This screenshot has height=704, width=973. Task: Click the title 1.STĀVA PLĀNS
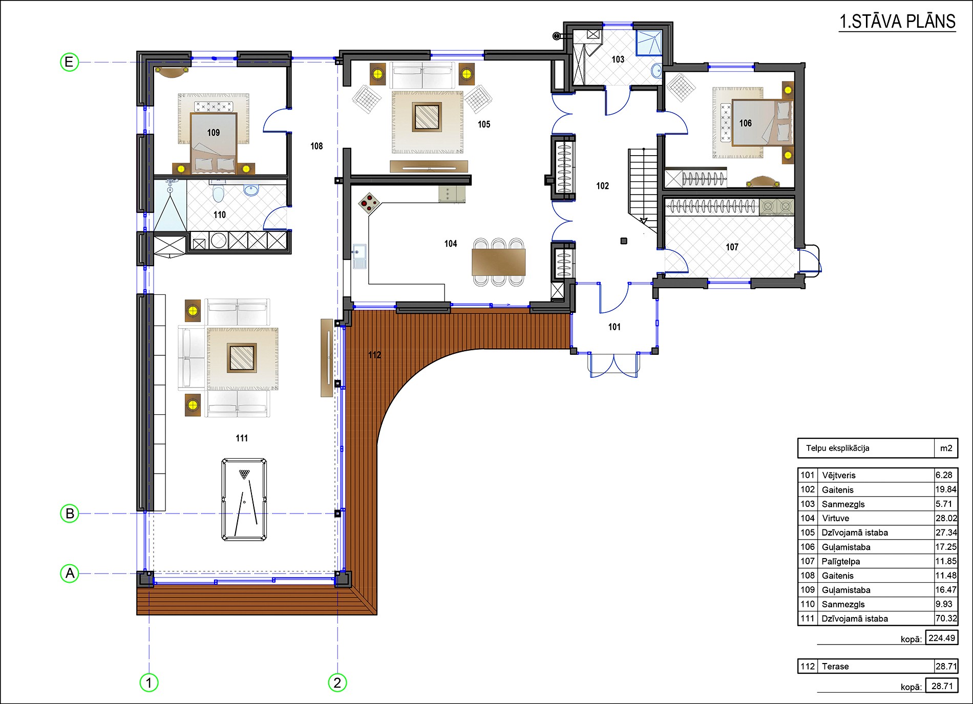coord(897,22)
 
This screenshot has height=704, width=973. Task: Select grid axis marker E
coord(69,62)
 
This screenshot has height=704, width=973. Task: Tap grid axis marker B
coord(70,513)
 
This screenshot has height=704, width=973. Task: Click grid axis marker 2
coord(337,682)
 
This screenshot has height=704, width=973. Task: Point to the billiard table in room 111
coord(244,500)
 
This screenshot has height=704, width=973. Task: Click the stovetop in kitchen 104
coord(369,203)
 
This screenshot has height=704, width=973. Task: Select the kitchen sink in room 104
coord(359,256)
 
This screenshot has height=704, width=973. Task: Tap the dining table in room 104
coord(498,262)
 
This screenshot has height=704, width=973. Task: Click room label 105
coord(484,124)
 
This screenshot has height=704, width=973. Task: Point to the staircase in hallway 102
coord(643,187)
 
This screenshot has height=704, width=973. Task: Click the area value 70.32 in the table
coord(946,618)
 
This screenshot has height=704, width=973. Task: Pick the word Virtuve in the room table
coord(835,518)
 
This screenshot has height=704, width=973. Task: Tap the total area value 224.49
coord(942,638)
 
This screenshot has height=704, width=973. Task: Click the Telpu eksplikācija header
coord(838,448)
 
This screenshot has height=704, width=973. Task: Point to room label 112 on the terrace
coord(374,355)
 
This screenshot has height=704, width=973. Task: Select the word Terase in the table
coord(835,666)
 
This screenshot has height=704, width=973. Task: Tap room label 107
coord(732,247)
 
